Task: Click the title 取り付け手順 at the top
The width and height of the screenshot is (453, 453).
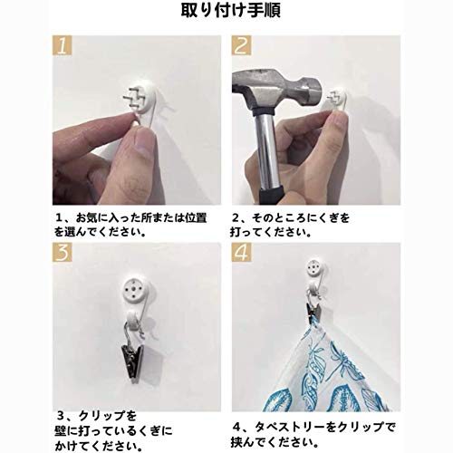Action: pyautogui.click(x=231, y=10)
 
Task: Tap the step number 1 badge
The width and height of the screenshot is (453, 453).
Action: pyautogui.click(x=63, y=45)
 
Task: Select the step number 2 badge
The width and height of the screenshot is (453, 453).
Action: pyautogui.click(x=242, y=45)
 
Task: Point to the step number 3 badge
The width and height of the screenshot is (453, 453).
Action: pyautogui.click(x=63, y=252)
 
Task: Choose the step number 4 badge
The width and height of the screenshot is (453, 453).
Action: pyautogui.click(x=242, y=252)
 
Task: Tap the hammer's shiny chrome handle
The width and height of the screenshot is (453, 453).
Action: pyautogui.click(x=267, y=151)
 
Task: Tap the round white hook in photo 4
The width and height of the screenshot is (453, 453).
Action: pyautogui.click(x=316, y=267)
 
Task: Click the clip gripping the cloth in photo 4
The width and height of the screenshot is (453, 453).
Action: pyautogui.click(x=313, y=310)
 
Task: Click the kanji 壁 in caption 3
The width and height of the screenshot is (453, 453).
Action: pyautogui.click(x=61, y=431)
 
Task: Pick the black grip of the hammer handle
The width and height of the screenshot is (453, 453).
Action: pyautogui.click(x=273, y=195)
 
